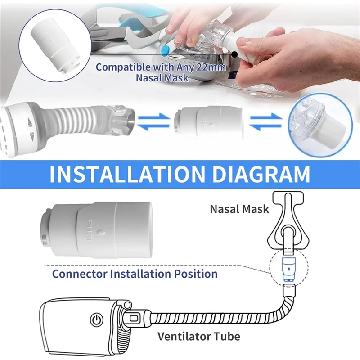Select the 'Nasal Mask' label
[240, 208]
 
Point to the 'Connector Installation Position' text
[135, 274]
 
